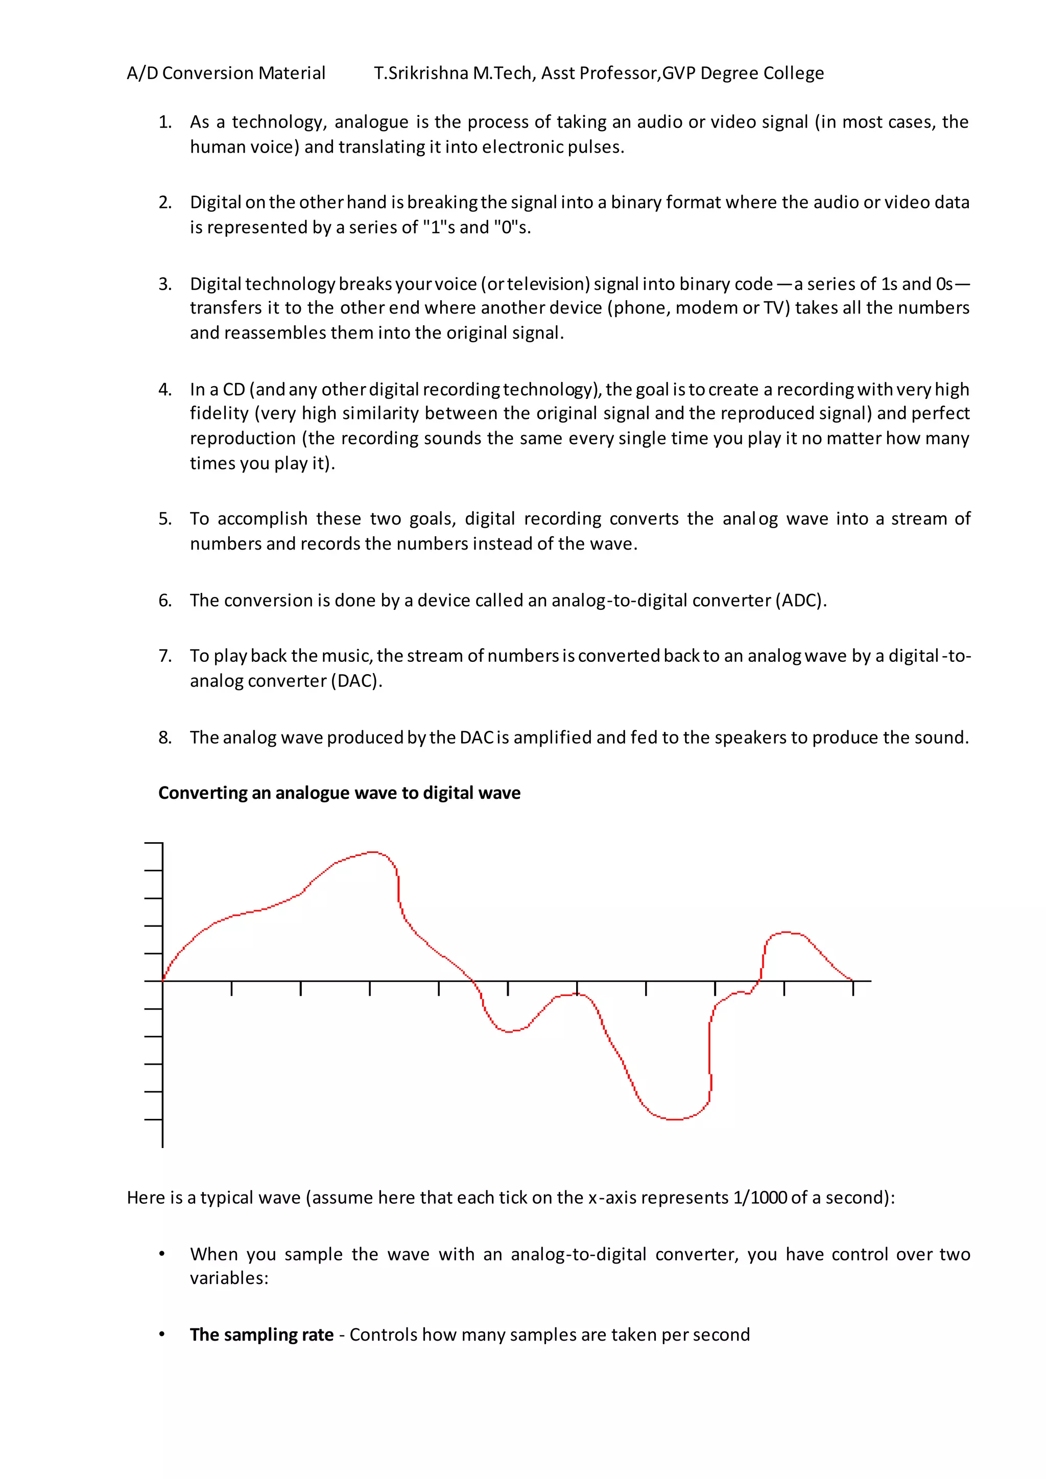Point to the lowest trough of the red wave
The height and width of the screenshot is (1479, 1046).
pos(673,1119)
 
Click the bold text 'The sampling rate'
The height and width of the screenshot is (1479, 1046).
pos(261,1334)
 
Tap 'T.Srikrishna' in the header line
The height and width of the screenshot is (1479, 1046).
pos(420,74)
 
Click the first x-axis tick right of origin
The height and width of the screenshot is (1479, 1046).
pos(232,988)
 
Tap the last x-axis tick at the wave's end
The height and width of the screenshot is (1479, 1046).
pos(853,988)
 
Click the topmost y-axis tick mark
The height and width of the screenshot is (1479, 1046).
pos(153,843)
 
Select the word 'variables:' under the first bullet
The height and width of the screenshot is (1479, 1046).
pos(229,1278)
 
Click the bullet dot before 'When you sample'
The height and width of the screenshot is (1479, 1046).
pos(162,1254)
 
